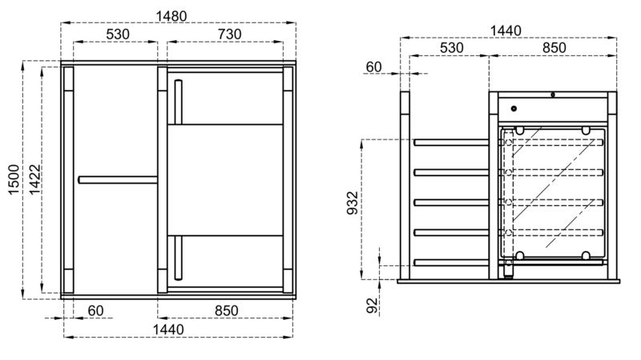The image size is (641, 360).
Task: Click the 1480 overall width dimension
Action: [x=171, y=16]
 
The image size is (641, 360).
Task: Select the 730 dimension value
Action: [x=229, y=34]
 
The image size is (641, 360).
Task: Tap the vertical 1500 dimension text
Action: [x=14, y=180]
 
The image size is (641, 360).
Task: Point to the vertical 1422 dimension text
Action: [x=34, y=180]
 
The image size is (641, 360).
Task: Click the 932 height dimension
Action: [x=352, y=203]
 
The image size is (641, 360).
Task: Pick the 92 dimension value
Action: [x=373, y=305]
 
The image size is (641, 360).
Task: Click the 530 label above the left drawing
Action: [x=118, y=34]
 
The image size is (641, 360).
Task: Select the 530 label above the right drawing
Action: [x=452, y=48]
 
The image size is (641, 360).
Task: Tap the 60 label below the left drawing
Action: [x=95, y=311]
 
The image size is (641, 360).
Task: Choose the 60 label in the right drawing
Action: [x=373, y=67]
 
